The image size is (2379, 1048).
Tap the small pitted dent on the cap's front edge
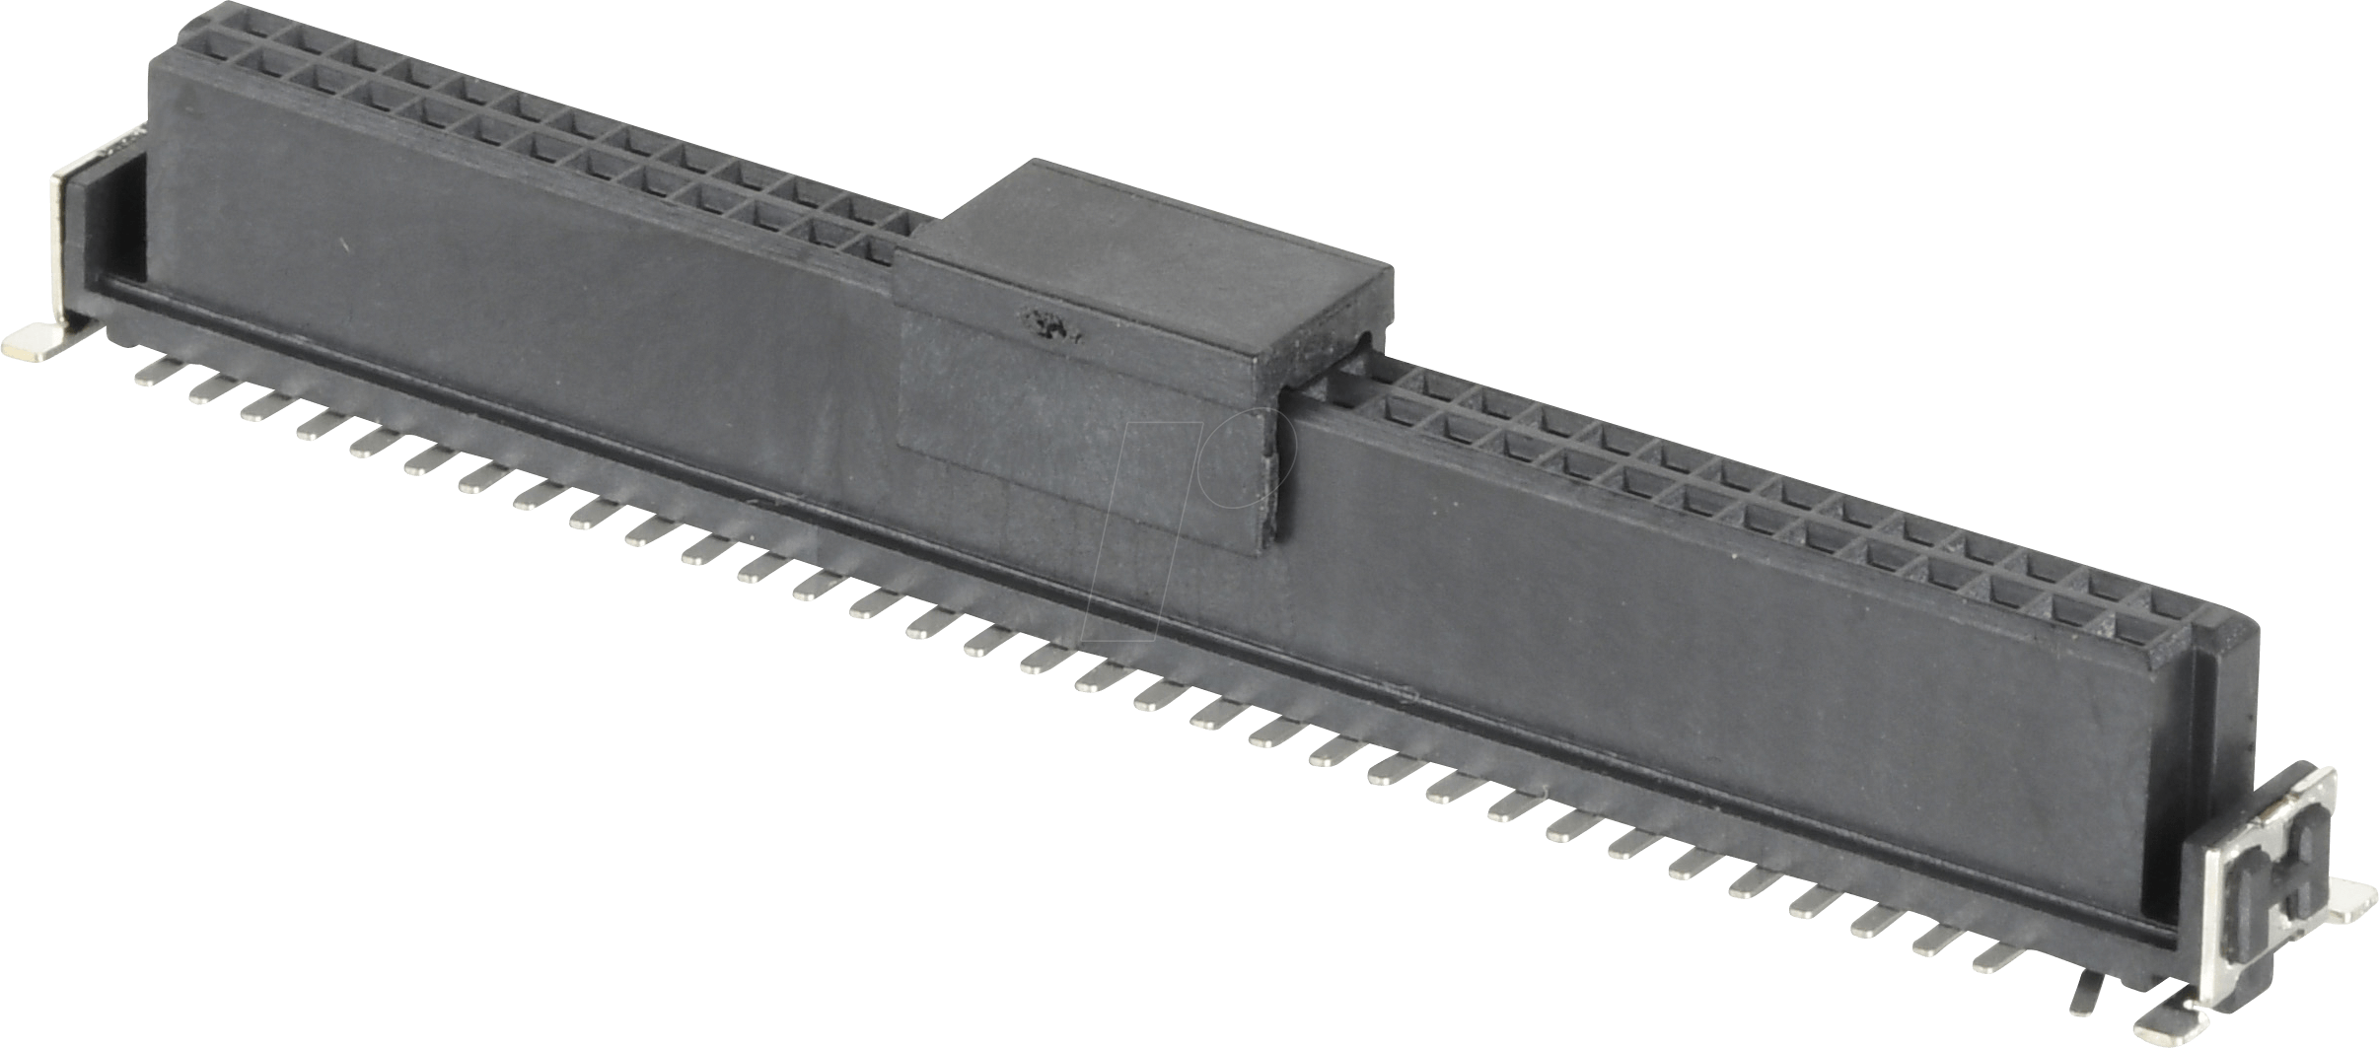point(1047,321)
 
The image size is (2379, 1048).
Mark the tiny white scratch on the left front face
point(342,246)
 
